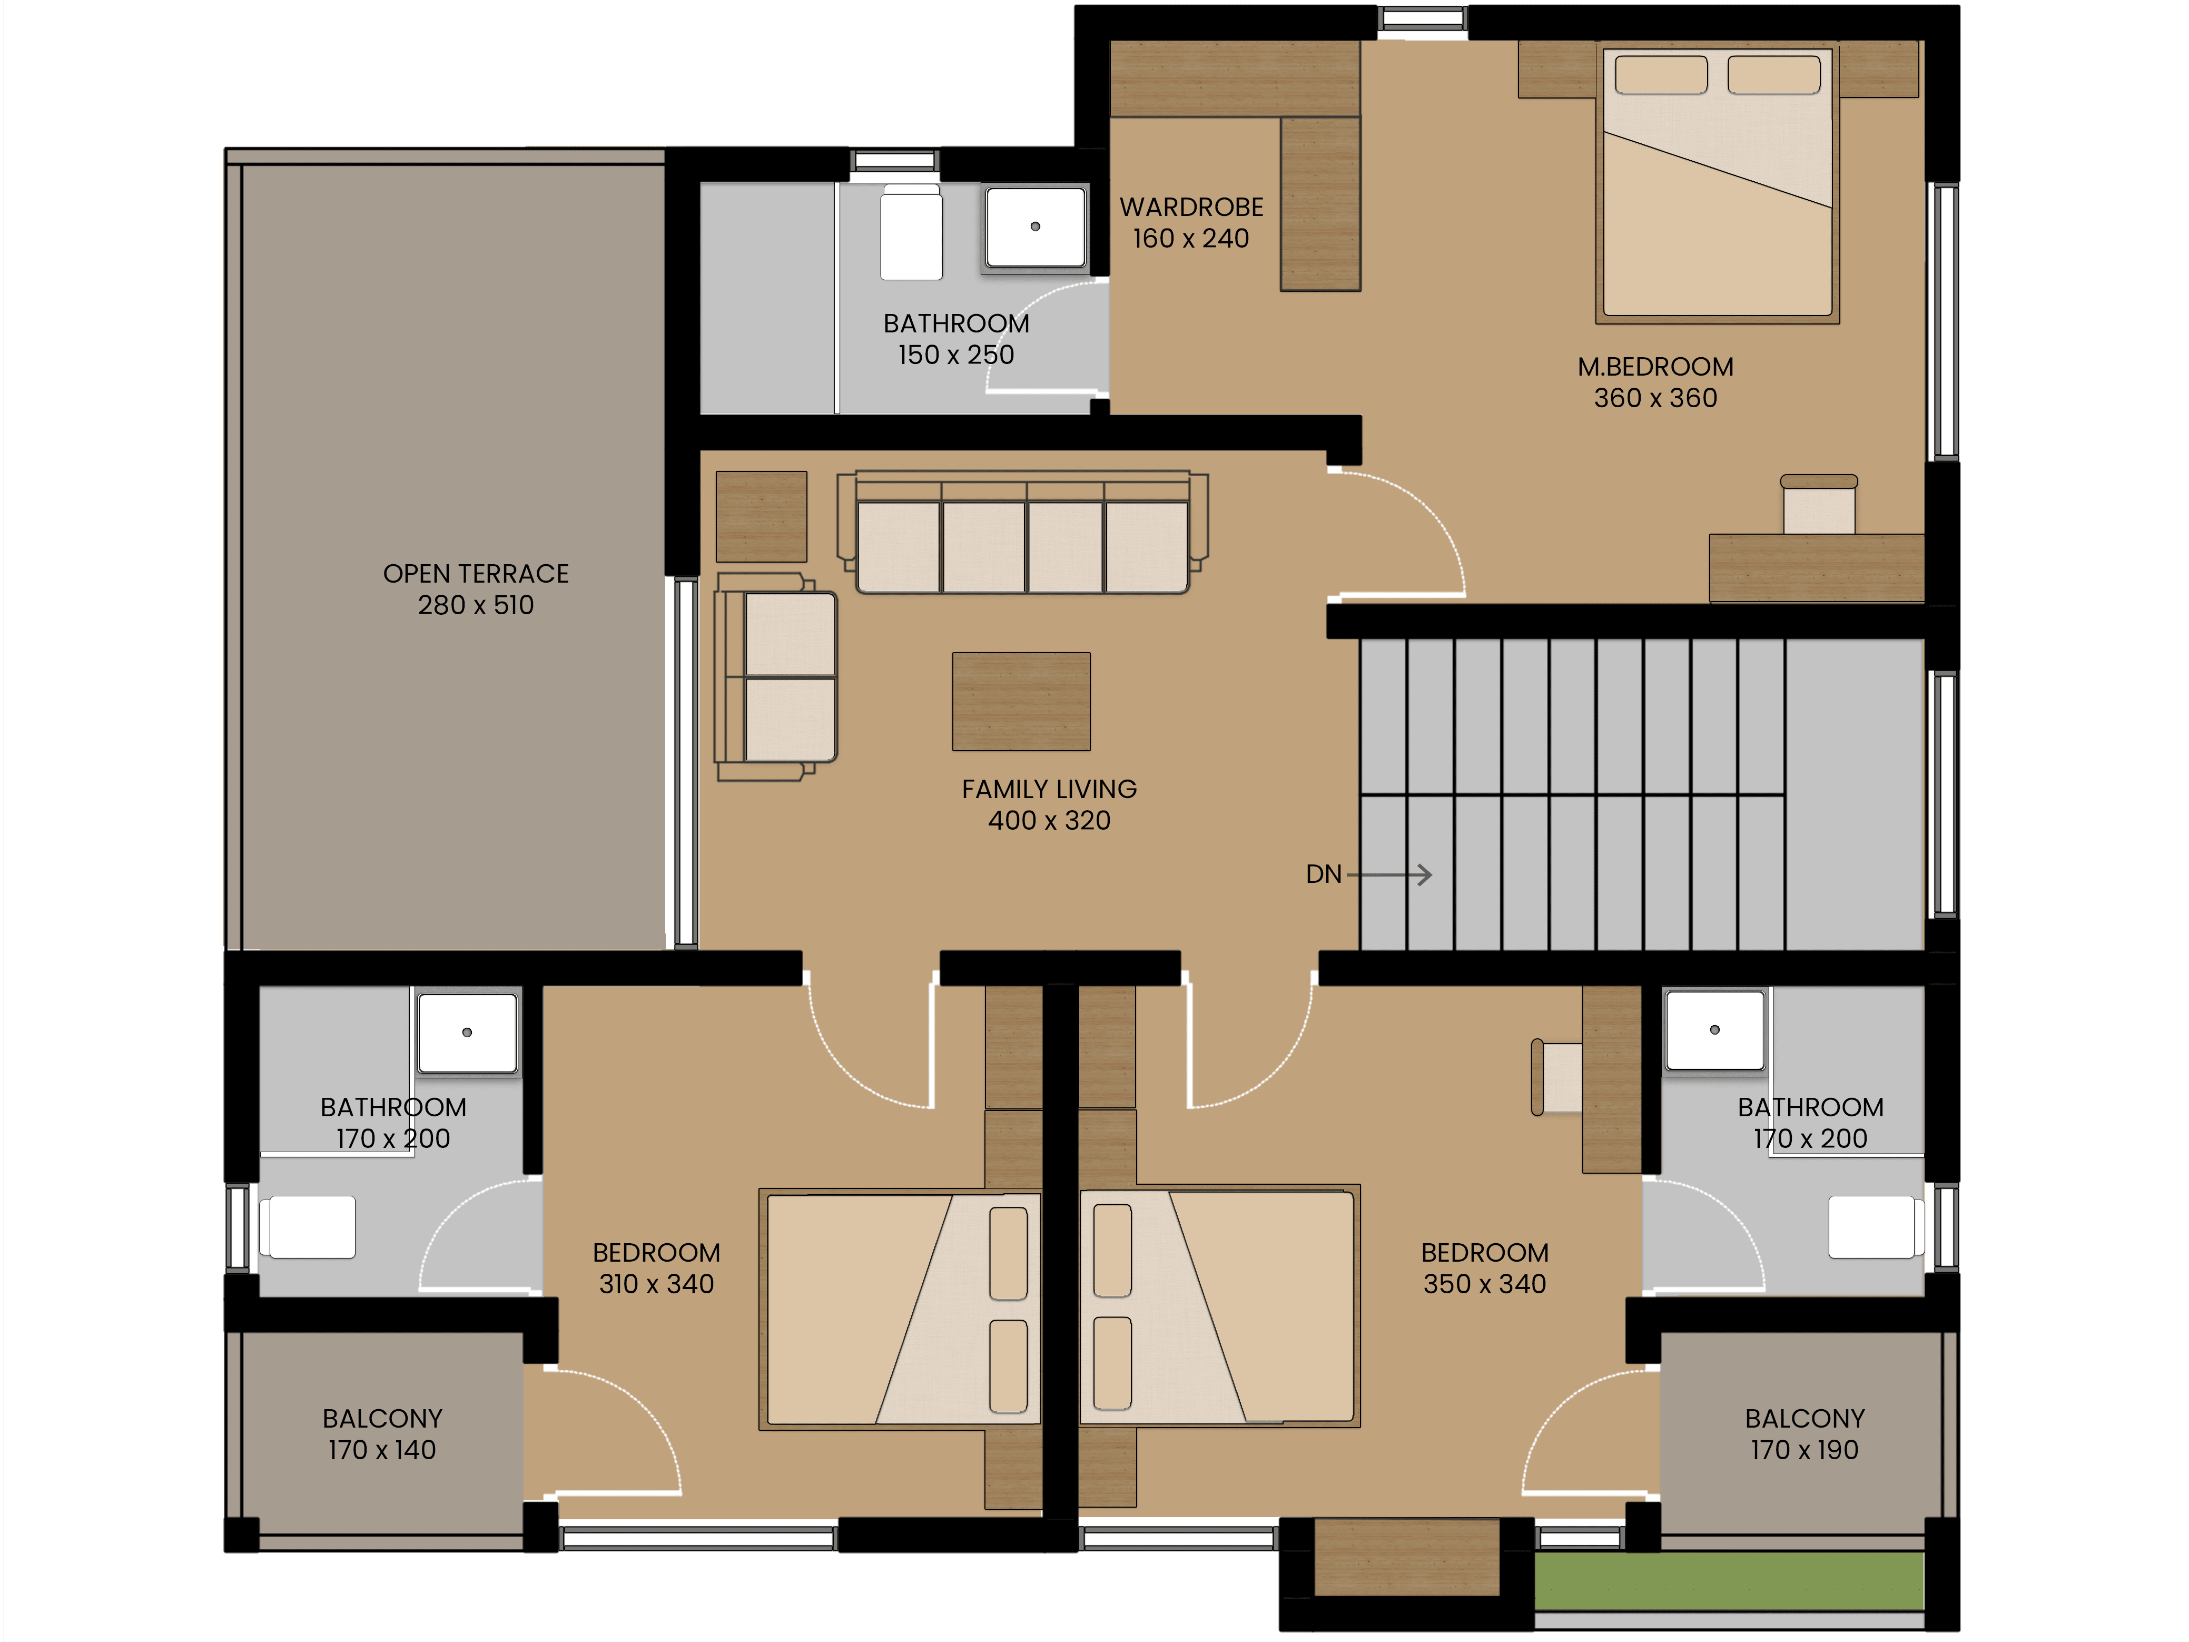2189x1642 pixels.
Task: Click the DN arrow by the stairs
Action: tap(1389, 875)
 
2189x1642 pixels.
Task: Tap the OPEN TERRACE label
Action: tap(476, 589)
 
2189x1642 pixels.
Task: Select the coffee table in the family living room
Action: tap(1021, 702)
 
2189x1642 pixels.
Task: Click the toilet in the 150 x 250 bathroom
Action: tap(911, 233)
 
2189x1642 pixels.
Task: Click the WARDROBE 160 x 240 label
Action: tap(1191, 223)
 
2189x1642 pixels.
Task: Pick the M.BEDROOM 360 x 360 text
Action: tap(1655, 382)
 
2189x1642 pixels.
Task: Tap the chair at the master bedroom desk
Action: tap(1819, 505)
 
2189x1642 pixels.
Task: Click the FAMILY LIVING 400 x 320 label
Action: tap(1049, 804)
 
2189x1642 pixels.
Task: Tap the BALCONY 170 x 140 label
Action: tap(382, 1434)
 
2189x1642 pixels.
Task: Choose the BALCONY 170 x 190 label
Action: tap(1805, 1434)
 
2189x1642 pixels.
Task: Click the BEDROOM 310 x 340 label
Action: tap(656, 1268)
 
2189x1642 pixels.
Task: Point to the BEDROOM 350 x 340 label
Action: tap(1484, 1268)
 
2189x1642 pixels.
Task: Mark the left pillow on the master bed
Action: tap(1662, 74)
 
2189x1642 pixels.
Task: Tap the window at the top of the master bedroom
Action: tap(1423, 19)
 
